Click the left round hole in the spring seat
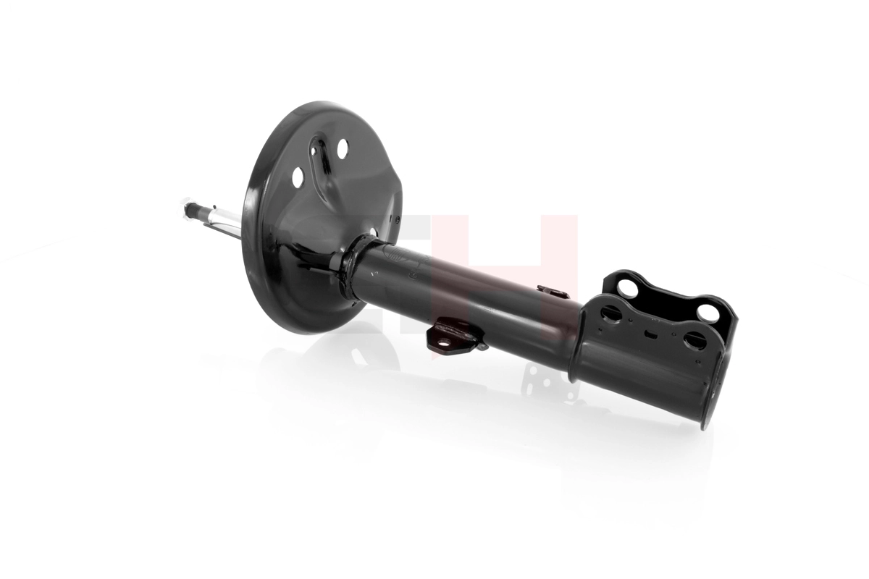coord(298,176)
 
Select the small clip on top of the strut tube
coord(552,290)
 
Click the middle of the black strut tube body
coord(471,297)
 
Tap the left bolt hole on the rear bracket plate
coord(627,288)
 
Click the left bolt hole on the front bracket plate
coord(610,313)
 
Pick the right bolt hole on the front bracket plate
coord(694,340)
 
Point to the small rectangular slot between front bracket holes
coord(651,334)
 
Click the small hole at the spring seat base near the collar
coord(372,232)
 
